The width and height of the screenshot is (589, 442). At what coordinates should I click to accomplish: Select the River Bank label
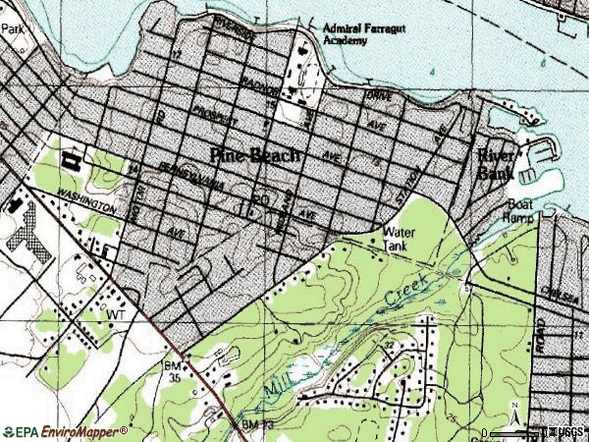coord(496,164)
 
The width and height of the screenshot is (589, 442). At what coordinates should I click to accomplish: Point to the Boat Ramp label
coord(519,213)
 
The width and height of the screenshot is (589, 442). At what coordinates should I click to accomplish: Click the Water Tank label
coord(396,239)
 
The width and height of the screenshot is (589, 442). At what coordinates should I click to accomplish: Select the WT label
coord(119,313)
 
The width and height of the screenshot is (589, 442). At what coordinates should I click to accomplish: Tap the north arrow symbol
coord(513,420)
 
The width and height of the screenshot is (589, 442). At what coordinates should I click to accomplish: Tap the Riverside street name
coord(233,28)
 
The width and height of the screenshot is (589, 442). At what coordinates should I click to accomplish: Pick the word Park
coord(12,29)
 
